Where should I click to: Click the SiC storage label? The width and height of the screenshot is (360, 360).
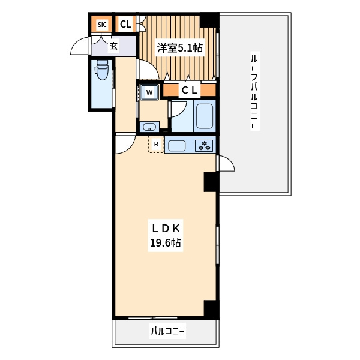[x=102, y=25]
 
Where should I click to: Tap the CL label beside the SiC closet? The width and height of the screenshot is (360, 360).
[x=125, y=24]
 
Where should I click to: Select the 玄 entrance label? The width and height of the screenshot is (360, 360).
[x=113, y=46]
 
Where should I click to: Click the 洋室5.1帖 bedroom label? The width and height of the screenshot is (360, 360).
[x=180, y=48]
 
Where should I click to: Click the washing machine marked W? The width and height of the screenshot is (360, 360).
[x=149, y=92]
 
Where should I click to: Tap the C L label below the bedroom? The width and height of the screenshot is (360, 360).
[x=190, y=90]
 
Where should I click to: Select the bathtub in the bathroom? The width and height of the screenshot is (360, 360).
[x=204, y=116]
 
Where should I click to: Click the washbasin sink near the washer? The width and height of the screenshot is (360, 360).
[x=149, y=127]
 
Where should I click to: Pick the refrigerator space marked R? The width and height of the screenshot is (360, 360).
[x=157, y=145]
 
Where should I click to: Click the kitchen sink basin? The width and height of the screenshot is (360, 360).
[x=177, y=146]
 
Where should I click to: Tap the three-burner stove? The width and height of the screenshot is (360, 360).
[x=204, y=146]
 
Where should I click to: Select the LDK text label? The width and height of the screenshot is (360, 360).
[x=166, y=229]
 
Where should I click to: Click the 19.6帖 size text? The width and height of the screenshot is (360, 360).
[x=166, y=242]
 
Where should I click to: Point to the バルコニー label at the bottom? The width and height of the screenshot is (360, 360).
[x=167, y=331]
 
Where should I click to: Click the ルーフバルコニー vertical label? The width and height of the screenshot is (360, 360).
[x=254, y=91]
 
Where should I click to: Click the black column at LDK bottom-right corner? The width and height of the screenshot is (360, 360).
[x=211, y=309]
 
